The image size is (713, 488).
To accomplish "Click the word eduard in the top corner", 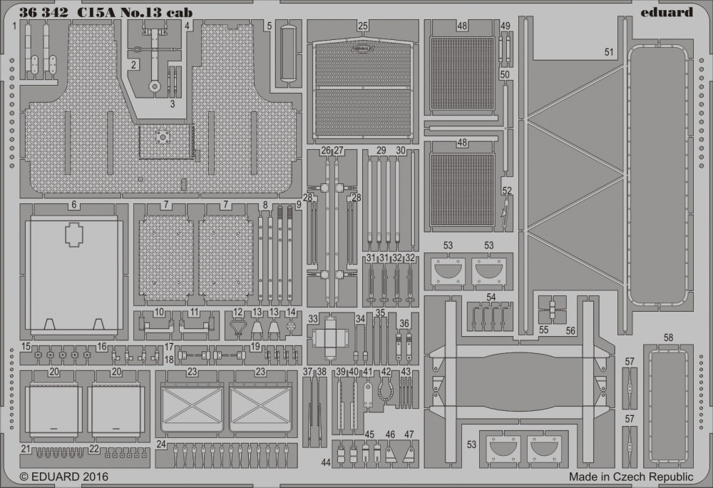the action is click(667, 12).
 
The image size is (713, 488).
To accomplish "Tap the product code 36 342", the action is click(44, 13).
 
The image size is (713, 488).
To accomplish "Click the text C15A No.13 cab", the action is click(134, 13).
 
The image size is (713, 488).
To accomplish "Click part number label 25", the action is click(362, 26).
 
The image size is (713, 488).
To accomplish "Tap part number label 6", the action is click(74, 205).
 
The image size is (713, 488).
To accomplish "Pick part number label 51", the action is click(609, 52).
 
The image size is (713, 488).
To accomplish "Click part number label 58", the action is click(668, 338).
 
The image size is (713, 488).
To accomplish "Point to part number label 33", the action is click(313, 319).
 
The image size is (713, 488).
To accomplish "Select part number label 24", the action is click(161, 444).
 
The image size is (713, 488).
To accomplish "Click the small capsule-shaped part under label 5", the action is click(287, 52).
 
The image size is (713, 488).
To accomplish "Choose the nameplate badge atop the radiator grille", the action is click(362, 46).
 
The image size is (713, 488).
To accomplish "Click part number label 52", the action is click(507, 191).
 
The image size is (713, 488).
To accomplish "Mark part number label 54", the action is click(491, 297).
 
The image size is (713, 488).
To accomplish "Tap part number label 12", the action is click(238, 312).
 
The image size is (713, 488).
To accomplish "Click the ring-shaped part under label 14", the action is click(292, 326).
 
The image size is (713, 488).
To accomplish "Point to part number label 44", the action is click(326, 462).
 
